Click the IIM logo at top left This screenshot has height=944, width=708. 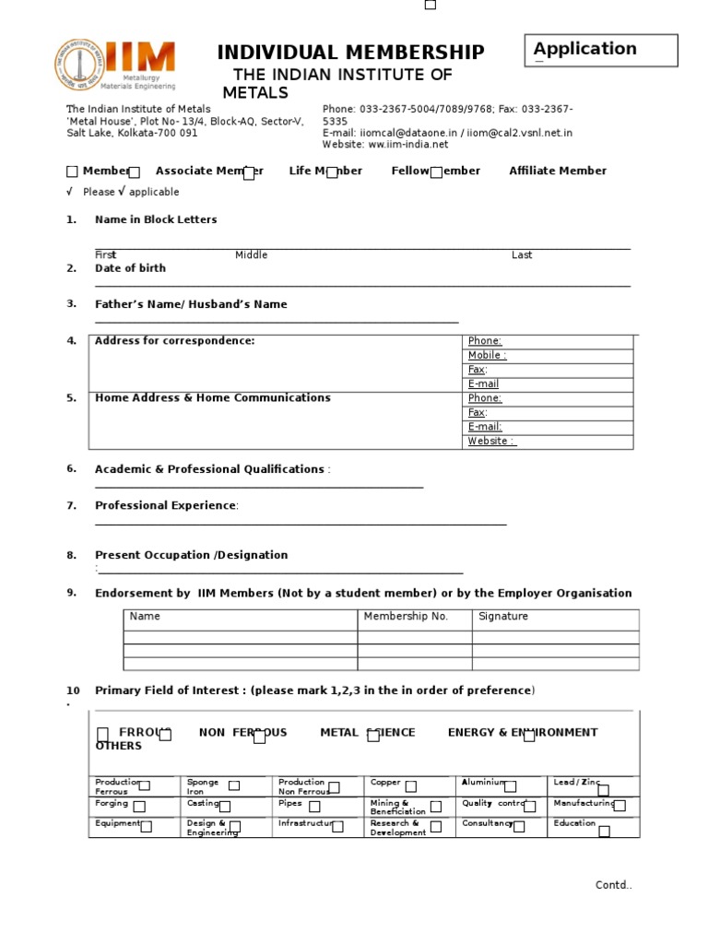click(113, 65)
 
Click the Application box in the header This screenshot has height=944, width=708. click(600, 51)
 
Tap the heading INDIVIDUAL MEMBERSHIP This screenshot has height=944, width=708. click(350, 53)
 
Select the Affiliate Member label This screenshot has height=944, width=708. click(558, 171)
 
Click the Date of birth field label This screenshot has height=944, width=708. click(130, 268)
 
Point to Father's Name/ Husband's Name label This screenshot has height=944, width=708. click(191, 304)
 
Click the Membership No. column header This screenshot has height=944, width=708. click(406, 617)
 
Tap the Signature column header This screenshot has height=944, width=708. click(503, 617)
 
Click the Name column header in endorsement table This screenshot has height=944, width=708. click(145, 617)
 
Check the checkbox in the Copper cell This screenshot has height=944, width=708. click(411, 786)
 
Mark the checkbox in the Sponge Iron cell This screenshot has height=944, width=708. click(234, 785)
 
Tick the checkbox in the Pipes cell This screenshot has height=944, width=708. click(314, 807)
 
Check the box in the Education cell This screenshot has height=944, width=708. click(604, 832)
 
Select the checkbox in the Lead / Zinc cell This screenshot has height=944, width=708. click(603, 790)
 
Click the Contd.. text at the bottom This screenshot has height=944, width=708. click(613, 886)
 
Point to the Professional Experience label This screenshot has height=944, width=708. click(166, 506)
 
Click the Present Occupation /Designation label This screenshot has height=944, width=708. click(191, 555)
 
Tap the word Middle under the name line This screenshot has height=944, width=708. click(251, 255)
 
